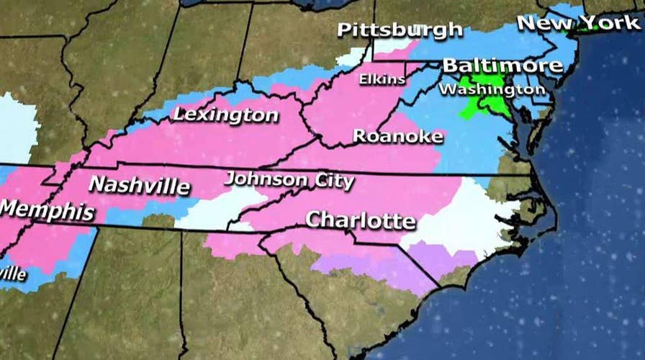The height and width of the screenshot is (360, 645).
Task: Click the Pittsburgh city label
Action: [x=400, y=30]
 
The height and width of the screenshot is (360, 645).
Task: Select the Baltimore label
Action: [x=502, y=66]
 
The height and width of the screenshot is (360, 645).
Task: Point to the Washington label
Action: [x=492, y=90]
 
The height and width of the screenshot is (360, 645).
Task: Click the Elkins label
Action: [x=382, y=77]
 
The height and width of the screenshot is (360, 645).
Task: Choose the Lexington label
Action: [x=225, y=115]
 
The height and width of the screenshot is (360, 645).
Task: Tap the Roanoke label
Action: [x=397, y=136]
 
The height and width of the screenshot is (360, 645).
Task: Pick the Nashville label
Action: [x=139, y=186]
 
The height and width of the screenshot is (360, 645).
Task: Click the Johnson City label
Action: [x=289, y=179]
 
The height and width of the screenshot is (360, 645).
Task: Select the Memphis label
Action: [x=47, y=210]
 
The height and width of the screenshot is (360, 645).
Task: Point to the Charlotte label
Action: [x=361, y=220]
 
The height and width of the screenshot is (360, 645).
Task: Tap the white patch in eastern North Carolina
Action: [x=468, y=216]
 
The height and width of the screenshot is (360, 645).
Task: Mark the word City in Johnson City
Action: [x=332, y=180]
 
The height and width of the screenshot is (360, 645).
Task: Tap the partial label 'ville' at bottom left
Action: [x=13, y=274]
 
